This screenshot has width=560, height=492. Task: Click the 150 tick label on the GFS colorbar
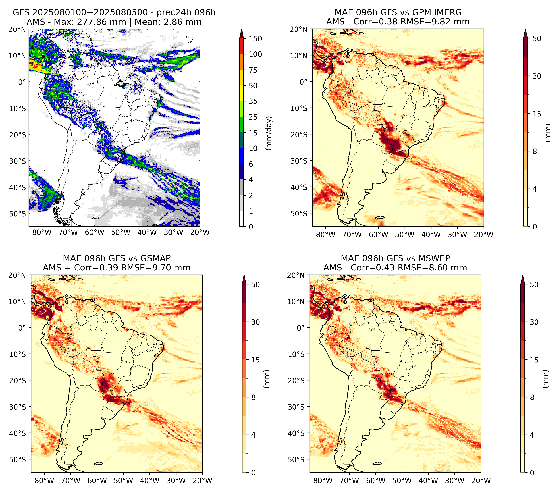pos(255,39)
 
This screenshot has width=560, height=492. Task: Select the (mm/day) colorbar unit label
pos(269,133)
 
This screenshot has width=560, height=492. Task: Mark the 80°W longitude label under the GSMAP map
pos(44,481)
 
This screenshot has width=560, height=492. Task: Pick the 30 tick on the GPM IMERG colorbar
pos(537,76)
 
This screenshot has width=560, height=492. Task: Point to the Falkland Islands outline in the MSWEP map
pos(377,463)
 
